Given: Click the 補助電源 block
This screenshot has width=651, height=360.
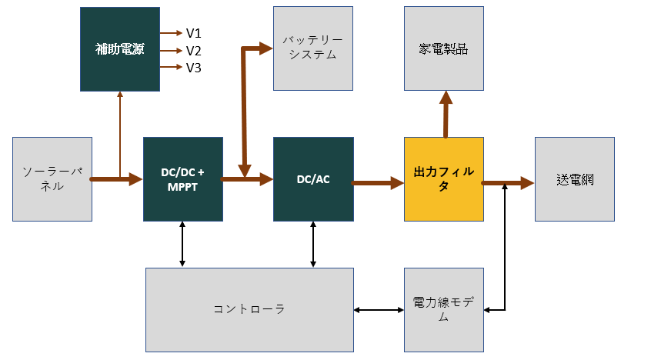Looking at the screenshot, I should pyautogui.click(x=119, y=49).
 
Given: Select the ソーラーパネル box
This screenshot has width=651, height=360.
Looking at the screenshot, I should pyautogui.click(x=52, y=179).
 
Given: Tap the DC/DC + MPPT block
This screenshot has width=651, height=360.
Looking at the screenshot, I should pyautogui.click(x=182, y=179).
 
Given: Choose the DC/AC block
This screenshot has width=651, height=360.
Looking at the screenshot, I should pyautogui.click(x=313, y=179).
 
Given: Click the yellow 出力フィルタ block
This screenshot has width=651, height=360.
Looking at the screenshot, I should pyautogui.click(x=443, y=179).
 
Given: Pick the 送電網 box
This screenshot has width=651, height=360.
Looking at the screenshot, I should pyautogui.click(x=574, y=179).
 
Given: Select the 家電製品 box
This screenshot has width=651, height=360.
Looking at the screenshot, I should pyautogui.click(x=443, y=49).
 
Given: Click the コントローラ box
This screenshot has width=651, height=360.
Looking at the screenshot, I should pyautogui.click(x=249, y=309).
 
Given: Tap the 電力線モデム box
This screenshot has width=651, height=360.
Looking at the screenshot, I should pyautogui.click(x=443, y=309).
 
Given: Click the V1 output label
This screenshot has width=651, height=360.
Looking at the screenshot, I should pyautogui.click(x=193, y=33).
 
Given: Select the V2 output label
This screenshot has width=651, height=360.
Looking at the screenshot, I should pyautogui.click(x=193, y=51).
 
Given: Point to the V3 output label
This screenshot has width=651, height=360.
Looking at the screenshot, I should pyautogui.click(x=193, y=68).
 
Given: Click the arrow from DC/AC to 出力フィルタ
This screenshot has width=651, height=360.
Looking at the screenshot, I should pyautogui.click(x=378, y=183).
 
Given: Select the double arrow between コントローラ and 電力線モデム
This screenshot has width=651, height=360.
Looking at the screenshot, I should pyautogui.click(x=379, y=310).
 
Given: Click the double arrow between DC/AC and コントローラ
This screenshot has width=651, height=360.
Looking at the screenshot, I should pyautogui.click(x=313, y=244).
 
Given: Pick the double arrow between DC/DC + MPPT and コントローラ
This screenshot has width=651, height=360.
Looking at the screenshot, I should pyautogui.click(x=182, y=244).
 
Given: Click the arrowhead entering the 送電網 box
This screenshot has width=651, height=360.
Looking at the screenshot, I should pyautogui.click(x=528, y=183).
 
